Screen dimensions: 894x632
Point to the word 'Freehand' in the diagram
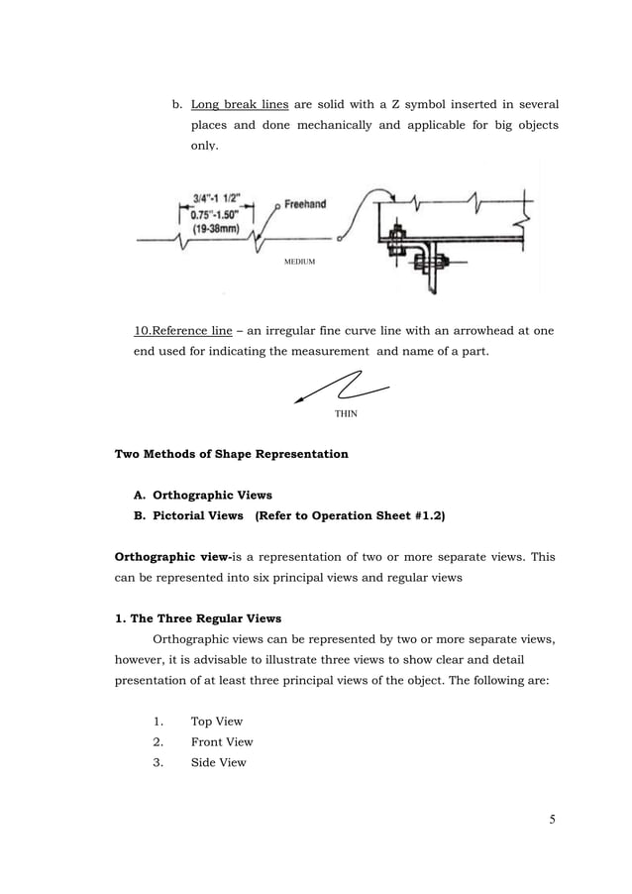click(x=305, y=205)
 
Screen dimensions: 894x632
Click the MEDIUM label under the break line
click(x=299, y=261)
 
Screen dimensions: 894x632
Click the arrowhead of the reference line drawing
click(x=300, y=401)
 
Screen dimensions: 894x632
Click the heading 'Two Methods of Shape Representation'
click(x=232, y=454)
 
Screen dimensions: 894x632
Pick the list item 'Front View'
click(x=221, y=741)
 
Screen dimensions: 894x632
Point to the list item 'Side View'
click(x=218, y=762)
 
